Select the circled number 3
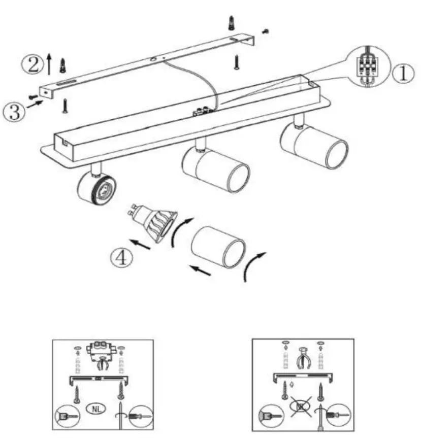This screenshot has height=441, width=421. pos(14,112)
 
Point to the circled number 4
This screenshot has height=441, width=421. pos(122,257)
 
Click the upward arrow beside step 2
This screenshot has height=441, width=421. pos(49,63)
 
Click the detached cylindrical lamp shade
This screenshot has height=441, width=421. pos(218,247)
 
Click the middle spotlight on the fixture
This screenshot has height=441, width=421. pos(216,167)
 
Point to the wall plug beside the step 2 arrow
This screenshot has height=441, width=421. pos(63,64)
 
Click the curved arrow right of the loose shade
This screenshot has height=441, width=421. pos(253,265)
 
